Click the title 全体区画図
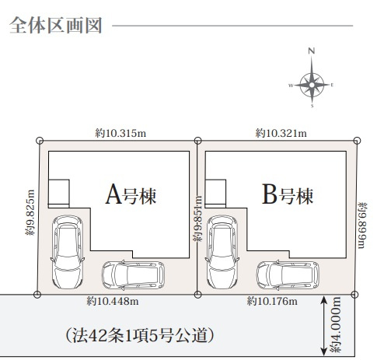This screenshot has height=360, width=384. (56, 25)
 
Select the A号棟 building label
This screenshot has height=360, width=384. (131, 194)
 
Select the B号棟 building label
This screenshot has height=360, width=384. (288, 194)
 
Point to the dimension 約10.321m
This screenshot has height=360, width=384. (281, 134)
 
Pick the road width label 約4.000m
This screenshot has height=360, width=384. (336, 325)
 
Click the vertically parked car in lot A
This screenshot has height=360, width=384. (65, 251)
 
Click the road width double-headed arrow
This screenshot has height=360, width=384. (323, 325)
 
